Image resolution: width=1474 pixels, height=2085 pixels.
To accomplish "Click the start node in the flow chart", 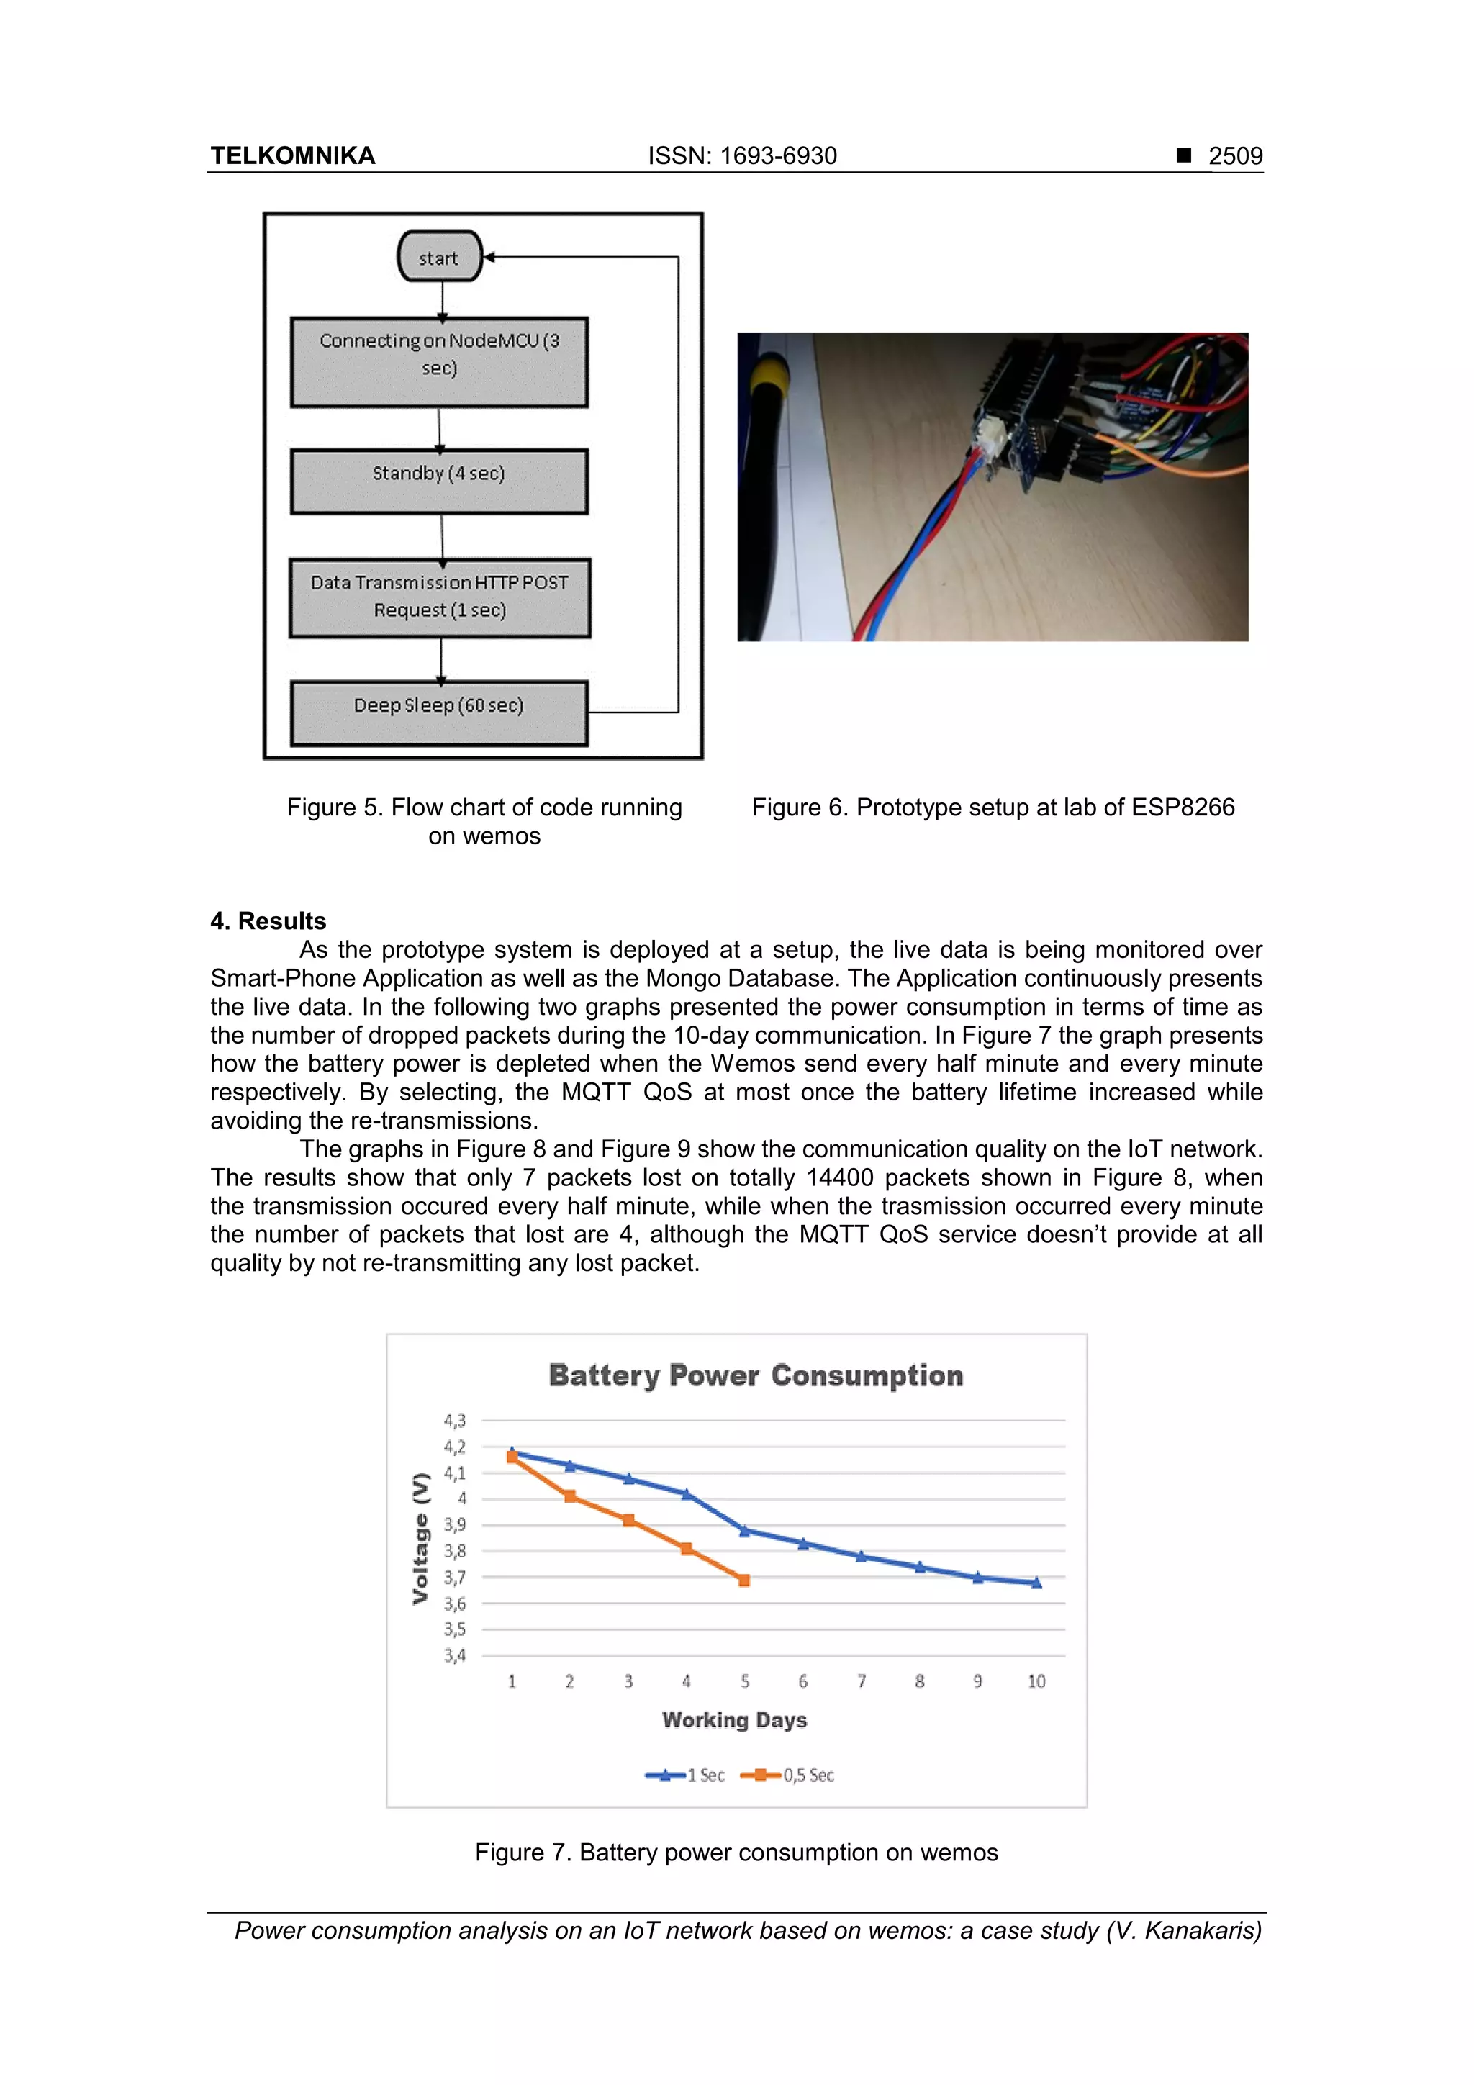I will click(x=438, y=257).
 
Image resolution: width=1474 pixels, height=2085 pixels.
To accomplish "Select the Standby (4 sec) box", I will click(x=438, y=481).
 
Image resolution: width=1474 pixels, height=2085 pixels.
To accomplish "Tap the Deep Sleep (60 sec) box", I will click(x=438, y=713).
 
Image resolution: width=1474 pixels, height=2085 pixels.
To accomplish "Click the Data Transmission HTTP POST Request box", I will click(x=440, y=597).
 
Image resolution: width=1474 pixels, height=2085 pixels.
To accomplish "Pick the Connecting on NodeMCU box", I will click(x=438, y=361).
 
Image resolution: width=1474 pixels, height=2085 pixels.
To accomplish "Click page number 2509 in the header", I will click(x=1234, y=156).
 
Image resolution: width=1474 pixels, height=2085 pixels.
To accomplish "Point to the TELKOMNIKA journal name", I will click(x=292, y=156).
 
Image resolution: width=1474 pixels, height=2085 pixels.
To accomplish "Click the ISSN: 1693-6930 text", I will click(x=742, y=156).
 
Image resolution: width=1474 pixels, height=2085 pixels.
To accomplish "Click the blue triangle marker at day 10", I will click(x=1036, y=1583).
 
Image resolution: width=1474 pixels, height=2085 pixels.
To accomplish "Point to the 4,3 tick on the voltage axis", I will click(x=454, y=1420).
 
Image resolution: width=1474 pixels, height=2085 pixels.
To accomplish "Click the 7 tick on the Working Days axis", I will click(x=861, y=1682).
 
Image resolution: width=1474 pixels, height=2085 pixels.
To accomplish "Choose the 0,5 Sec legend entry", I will click(x=788, y=1776).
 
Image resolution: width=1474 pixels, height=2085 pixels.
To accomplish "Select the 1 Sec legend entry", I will click(x=686, y=1776).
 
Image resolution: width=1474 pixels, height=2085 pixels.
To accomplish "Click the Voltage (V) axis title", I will click(x=420, y=1538).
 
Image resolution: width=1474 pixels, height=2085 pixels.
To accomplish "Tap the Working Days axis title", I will click(x=734, y=1720).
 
